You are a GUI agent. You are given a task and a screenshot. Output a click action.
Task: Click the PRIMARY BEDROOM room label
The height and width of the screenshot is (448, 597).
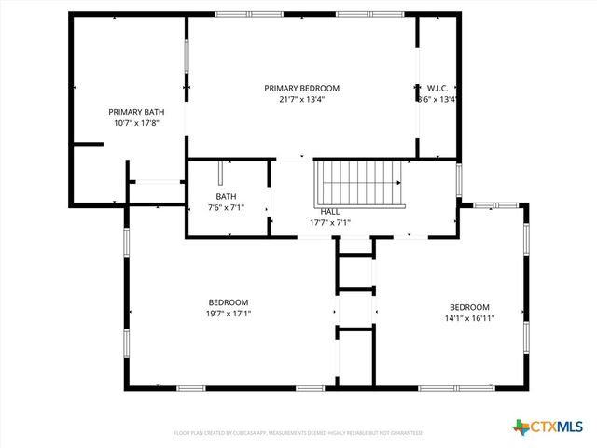pyautogui.click(x=301, y=88)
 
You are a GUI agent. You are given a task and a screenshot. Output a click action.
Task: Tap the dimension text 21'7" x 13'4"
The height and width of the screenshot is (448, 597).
pyautogui.click(x=301, y=99)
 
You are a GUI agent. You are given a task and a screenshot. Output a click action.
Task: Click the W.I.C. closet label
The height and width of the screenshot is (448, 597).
pyautogui.click(x=438, y=88)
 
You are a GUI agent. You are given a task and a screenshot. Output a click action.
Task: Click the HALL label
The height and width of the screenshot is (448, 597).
pyautogui.click(x=329, y=212)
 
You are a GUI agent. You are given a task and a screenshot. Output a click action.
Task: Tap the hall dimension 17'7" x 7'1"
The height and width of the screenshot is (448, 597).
pyautogui.click(x=329, y=223)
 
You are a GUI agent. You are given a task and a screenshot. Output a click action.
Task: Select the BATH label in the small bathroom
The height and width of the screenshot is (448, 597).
pyautogui.click(x=226, y=196)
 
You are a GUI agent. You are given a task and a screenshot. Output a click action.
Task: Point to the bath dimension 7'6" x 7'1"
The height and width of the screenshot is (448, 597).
pyautogui.click(x=226, y=207)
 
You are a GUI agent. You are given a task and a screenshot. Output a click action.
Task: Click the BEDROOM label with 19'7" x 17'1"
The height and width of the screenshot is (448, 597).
pyautogui.click(x=228, y=302)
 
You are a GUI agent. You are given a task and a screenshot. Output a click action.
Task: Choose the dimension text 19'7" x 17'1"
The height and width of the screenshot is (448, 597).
pyautogui.click(x=228, y=314)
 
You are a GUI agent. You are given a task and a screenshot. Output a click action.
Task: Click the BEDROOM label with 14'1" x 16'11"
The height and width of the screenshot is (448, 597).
pyautogui.click(x=469, y=307)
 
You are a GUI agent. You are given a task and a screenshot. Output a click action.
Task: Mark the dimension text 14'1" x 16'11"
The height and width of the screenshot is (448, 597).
pyautogui.click(x=469, y=318)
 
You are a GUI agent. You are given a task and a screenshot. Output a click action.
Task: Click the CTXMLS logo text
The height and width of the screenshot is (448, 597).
pyautogui.click(x=558, y=427)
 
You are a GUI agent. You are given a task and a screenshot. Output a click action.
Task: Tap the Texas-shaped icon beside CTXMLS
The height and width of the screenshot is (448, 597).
pyautogui.click(x=521, y=427)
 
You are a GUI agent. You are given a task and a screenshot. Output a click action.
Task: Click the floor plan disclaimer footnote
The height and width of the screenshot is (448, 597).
pyautogui.click(x=298, y=433)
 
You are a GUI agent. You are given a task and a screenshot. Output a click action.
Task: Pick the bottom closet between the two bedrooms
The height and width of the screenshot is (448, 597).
pyautogui.click(x=354, y=357)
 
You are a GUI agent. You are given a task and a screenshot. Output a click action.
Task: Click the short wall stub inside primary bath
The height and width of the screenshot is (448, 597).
pyautogui.click(x=88, y=144)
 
